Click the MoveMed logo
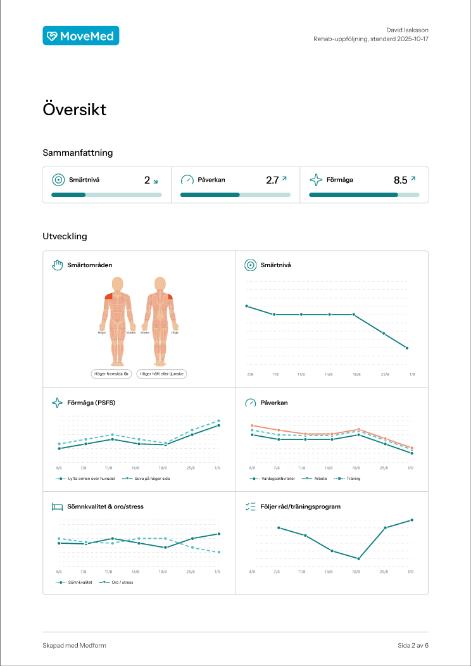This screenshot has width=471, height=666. (80, 36)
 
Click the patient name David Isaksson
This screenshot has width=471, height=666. (408, 30)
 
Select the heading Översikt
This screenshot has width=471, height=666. (74, 110)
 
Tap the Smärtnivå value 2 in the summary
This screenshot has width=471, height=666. (147, 180)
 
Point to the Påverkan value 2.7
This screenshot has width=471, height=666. (272, 180)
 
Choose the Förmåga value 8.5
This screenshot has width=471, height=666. (400, 180)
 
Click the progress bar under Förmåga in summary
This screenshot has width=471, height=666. (363, 195)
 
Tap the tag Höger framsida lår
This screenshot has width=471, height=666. (111, 374)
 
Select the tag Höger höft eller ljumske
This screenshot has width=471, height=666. (161, 374)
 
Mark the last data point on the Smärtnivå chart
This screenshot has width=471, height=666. (407, 348)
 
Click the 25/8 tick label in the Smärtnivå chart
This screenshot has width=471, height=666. (384, 375)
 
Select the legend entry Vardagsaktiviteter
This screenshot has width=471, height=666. (274, 479)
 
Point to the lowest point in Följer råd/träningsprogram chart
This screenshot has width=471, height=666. (358, 558)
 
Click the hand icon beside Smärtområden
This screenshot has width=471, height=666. (57, 265)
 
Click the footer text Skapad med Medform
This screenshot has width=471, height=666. (70, 646)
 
